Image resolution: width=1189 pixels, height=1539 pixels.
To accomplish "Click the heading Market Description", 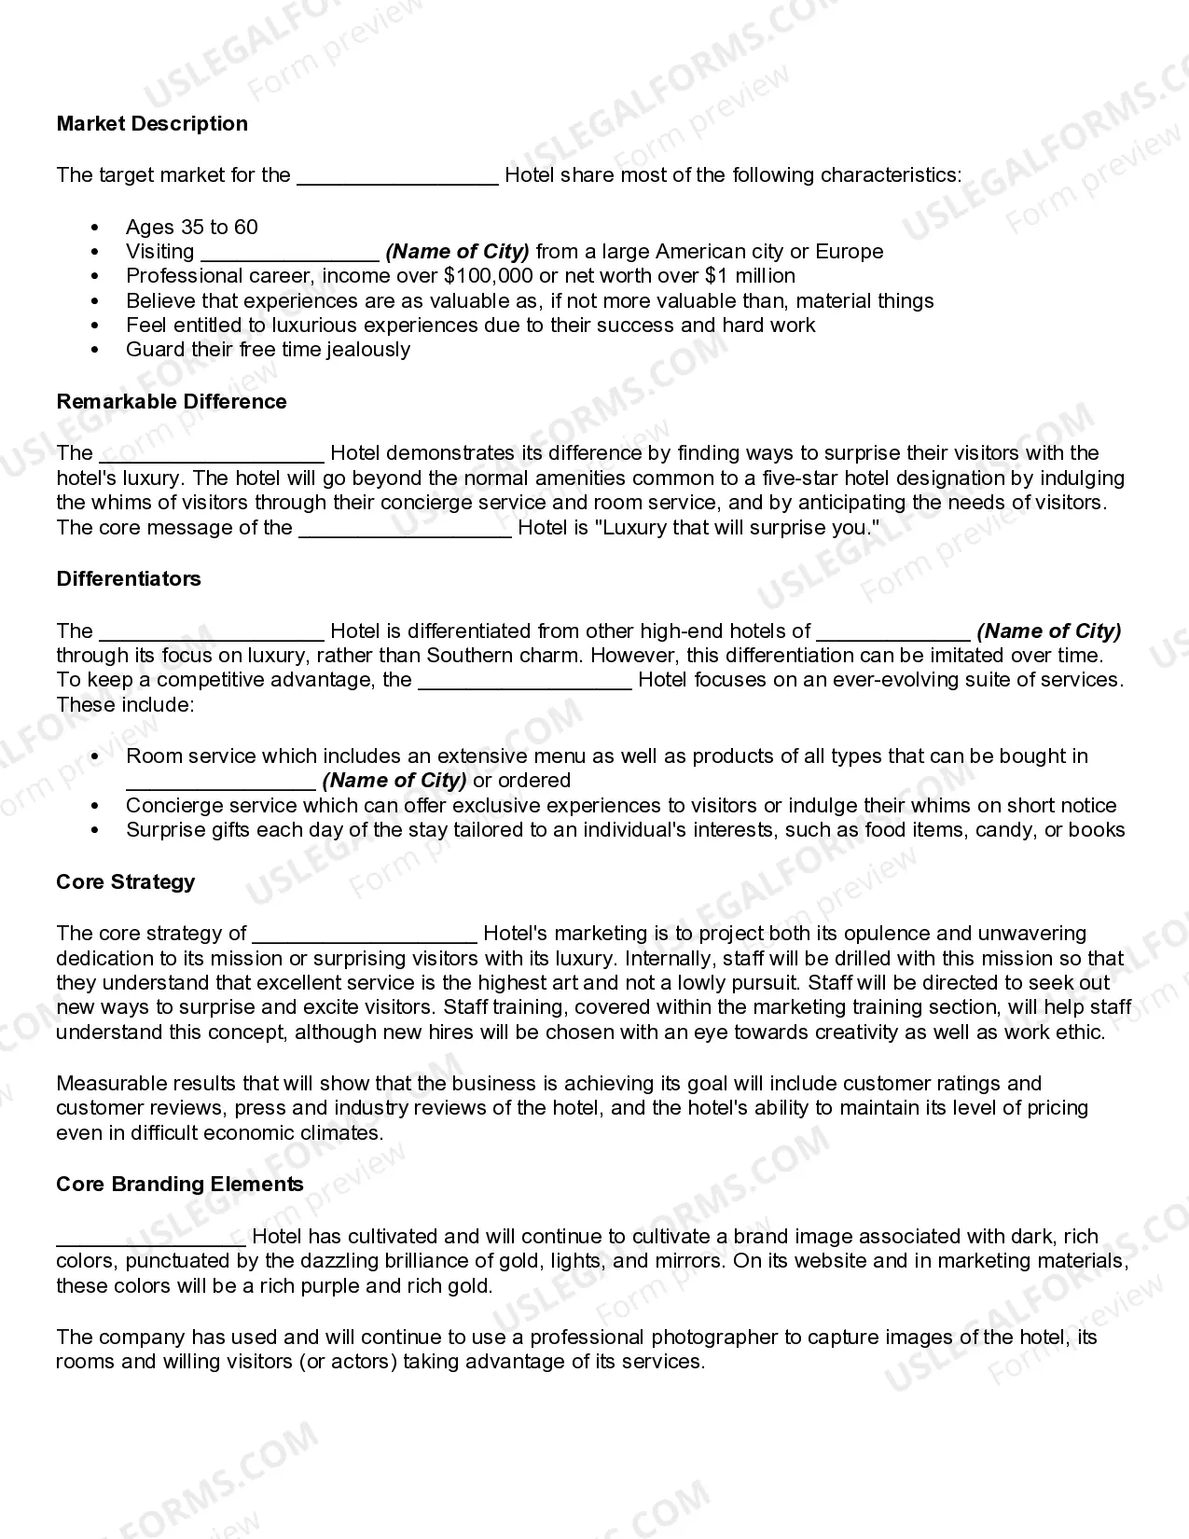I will click(x=152, y=124).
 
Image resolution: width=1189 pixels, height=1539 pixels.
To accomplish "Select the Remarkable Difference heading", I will click(x=172, y=402).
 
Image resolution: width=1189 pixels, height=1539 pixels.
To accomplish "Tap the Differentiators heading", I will click(x=129, y=579).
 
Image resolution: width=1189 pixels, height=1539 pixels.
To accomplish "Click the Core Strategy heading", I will click(x=126, y=882).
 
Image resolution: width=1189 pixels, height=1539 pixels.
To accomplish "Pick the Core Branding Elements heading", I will click(x=180, y=1185).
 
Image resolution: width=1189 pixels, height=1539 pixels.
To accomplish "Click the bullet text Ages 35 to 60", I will click(x=192, y=228).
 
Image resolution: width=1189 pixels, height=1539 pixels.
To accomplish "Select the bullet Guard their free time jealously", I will click(x=268, y=350).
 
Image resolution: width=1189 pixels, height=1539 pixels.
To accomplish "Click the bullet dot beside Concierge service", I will click(x=95, y=806).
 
